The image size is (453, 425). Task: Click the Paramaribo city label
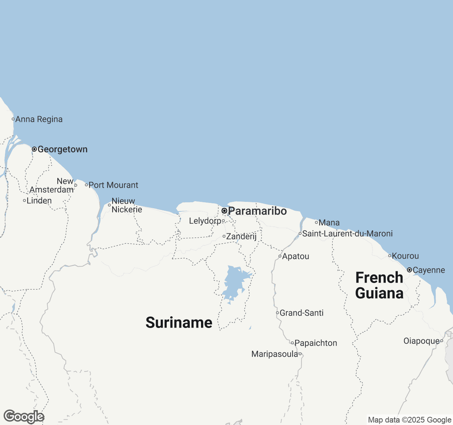tap(257, 211)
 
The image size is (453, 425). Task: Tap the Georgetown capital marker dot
tap(34, 149)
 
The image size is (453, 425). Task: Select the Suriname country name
tap(179, 323)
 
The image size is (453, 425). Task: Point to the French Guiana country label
tap(379, 285)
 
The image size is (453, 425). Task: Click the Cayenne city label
tap(429, 270)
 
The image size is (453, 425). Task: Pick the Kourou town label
tap(405, 256)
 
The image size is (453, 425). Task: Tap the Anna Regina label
tap(39, 119)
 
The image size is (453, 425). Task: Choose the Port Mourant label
tap(113, 185)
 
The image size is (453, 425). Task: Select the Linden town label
tap(39, 201)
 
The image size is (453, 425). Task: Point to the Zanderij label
tap(241, 236)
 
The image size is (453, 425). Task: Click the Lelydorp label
tap(205, 221)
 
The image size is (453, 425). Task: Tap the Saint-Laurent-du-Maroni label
tap(347, 234)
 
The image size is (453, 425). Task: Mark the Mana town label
tap(329, 223)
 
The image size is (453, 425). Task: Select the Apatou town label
tap(296, 256)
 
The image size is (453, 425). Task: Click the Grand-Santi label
tap(302, 313)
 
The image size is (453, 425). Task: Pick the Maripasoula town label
tap(275, 354)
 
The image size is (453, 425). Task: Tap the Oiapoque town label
tap(422, 341)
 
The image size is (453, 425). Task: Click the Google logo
tap(24, 417)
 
